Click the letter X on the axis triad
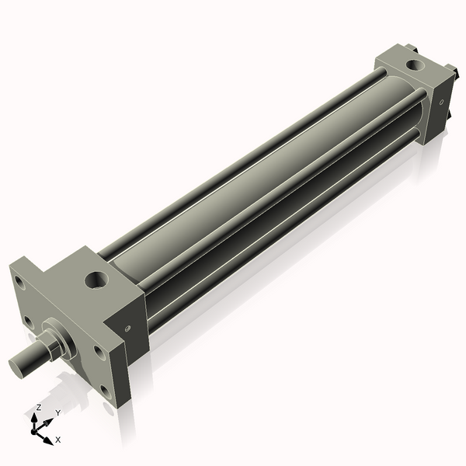click(58, 440)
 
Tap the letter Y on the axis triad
click(57, 412)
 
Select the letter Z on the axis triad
click(39, 407)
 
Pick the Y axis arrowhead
click(50, 420)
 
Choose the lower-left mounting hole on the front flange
click(28, 320)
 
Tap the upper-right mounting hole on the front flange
click(99, 350)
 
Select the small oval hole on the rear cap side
click(440, 101)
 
